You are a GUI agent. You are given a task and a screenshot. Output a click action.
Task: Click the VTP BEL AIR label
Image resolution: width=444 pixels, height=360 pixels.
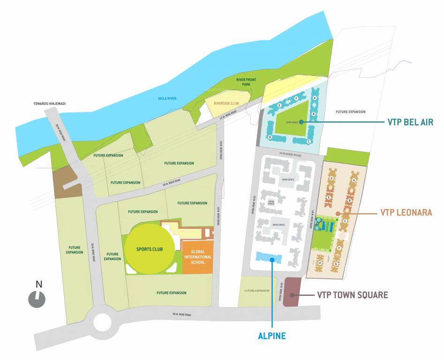tap(410, 122)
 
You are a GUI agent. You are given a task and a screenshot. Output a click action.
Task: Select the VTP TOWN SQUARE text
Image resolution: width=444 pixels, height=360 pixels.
tap(353, 295)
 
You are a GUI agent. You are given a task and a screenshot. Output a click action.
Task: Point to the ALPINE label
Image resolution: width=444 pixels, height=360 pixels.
tap(272, 336)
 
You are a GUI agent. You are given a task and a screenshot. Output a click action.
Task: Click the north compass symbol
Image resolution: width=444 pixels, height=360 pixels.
tap(37, 299)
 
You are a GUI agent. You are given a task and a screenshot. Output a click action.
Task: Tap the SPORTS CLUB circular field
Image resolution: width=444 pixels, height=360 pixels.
tap(149, 249)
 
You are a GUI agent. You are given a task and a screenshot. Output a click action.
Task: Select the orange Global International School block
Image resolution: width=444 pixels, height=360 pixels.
tap(197, 257)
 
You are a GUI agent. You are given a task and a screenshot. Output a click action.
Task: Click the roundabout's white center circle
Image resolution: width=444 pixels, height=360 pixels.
tap(102, 322)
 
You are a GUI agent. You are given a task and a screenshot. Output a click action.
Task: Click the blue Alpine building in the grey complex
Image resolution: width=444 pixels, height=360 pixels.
tap(268, 257)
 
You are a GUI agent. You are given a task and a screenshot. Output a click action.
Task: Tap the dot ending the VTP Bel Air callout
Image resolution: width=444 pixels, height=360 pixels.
tap(300, 122)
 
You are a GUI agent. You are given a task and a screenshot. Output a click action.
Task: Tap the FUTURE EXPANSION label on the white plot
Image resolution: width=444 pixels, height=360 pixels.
tap(351, 112)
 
